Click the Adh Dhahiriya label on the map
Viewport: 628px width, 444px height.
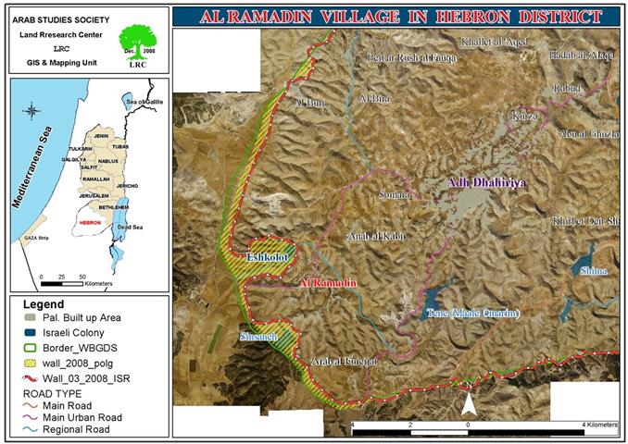487,183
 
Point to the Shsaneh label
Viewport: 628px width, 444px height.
257,337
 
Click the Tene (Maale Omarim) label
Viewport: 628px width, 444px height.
472,314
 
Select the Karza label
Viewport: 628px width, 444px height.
524,117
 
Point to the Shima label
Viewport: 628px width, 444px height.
593,271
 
